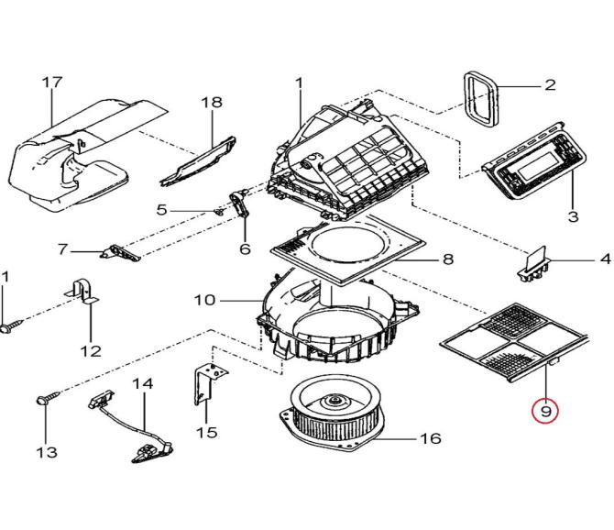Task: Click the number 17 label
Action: pyautogui.click(x=52, y=83)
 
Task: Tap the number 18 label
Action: pyautogui.click(x=212, y=103)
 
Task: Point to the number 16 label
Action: pyautogui.click(x=430, y=439)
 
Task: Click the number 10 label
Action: pyautogui.click(x=204, y=300)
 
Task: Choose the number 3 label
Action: pyautogui.click(x=573, y=216)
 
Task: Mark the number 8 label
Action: pyautogui.click(x=447, y=259)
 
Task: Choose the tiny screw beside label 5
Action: pyautogui.click(x=218, y=211)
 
